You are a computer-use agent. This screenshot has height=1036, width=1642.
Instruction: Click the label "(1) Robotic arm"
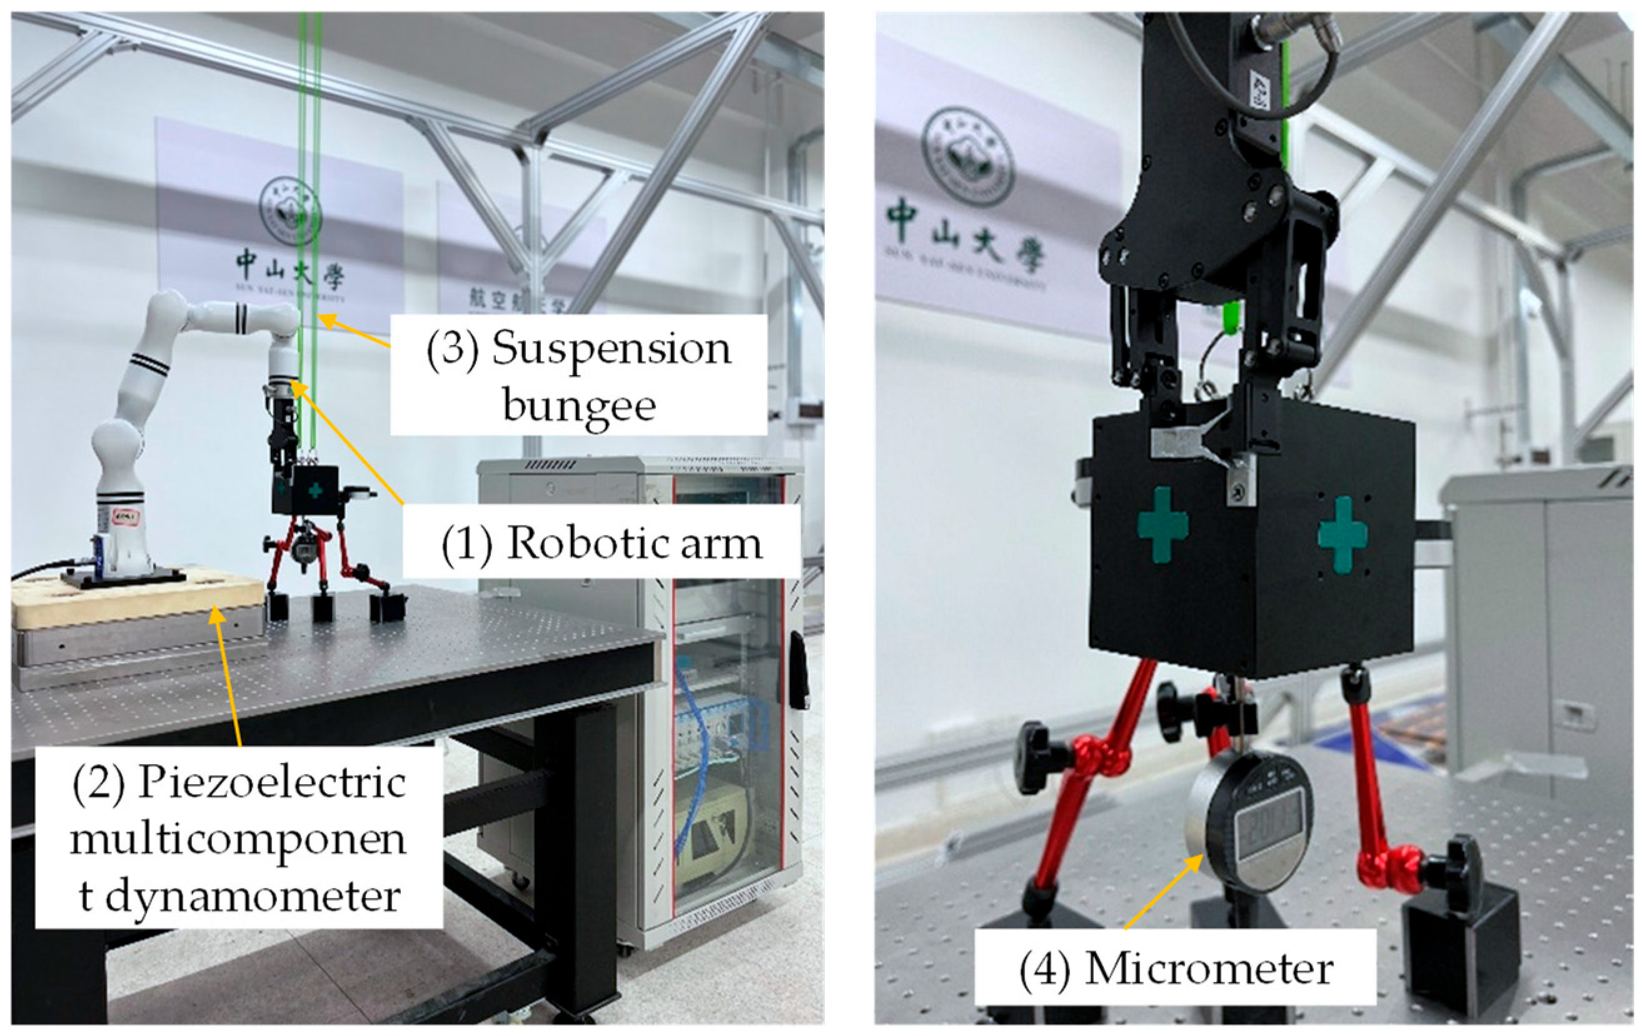pyautogui.click(x=601, y=544)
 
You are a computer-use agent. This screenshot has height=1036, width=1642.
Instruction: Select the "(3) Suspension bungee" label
pyautogui.click(x=578, y=375)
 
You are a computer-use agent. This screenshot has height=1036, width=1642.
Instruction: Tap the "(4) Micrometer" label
pyautogui.click(x=1175, y=969)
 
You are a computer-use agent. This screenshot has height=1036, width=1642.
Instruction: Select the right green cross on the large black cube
pyautogui.click(x=1342, y=533)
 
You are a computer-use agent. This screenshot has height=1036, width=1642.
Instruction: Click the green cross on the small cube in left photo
pyautogui.click(x=315, y=489)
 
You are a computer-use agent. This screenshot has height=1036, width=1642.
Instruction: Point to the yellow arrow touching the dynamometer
pyautogui.click(x=228, y=675)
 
